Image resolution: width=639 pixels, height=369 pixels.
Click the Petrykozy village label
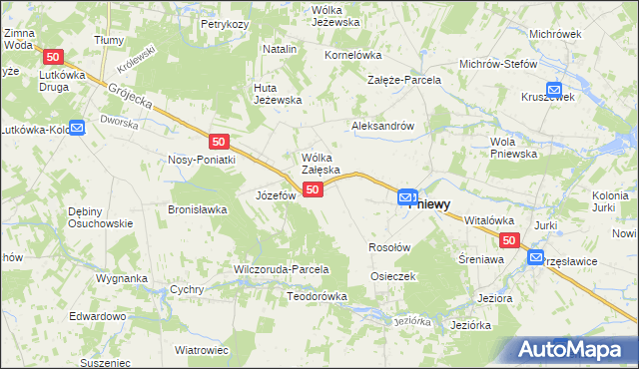[x=224, y=23]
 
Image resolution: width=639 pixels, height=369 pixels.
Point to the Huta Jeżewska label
[x=277, y=93]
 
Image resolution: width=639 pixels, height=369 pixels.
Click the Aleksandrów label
[x=383, y=127]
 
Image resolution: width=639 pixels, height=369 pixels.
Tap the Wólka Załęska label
[x=321, y=164]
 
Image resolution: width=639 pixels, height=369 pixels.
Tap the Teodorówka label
[x=317, y=296]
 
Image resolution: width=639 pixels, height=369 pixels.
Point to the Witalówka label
[x=488, y=220]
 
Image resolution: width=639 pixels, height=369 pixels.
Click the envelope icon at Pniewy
[x=406, y=199]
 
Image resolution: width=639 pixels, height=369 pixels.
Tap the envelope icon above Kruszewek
[x=555, y=87]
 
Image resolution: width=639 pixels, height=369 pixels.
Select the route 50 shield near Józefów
[x=313, y=189]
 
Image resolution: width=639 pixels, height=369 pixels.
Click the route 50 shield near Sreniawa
[x=509, y=240]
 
